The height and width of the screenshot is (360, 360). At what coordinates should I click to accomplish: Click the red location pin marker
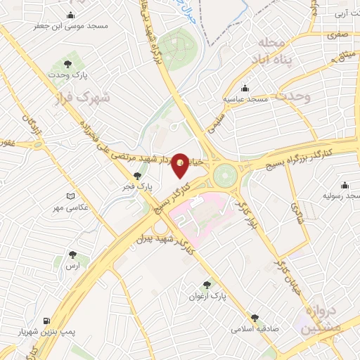pos(181,165)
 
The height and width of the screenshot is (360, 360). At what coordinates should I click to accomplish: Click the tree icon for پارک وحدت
pos(72,64)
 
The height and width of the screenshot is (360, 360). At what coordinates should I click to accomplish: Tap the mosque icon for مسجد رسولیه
pos(344,186)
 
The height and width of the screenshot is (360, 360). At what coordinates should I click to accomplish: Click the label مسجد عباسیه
pos(247,99)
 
